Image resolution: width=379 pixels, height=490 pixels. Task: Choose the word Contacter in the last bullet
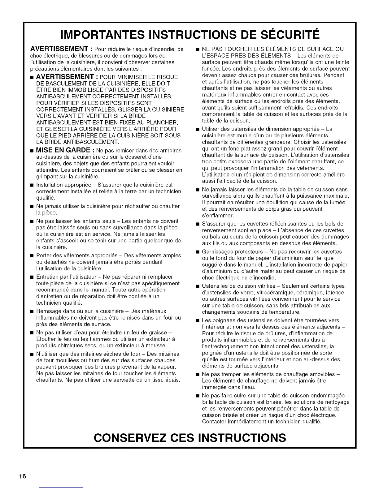coord(214,422)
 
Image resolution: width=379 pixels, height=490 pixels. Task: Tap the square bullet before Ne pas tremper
coord(197,374)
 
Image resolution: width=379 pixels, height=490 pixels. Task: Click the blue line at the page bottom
coord(62,487)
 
